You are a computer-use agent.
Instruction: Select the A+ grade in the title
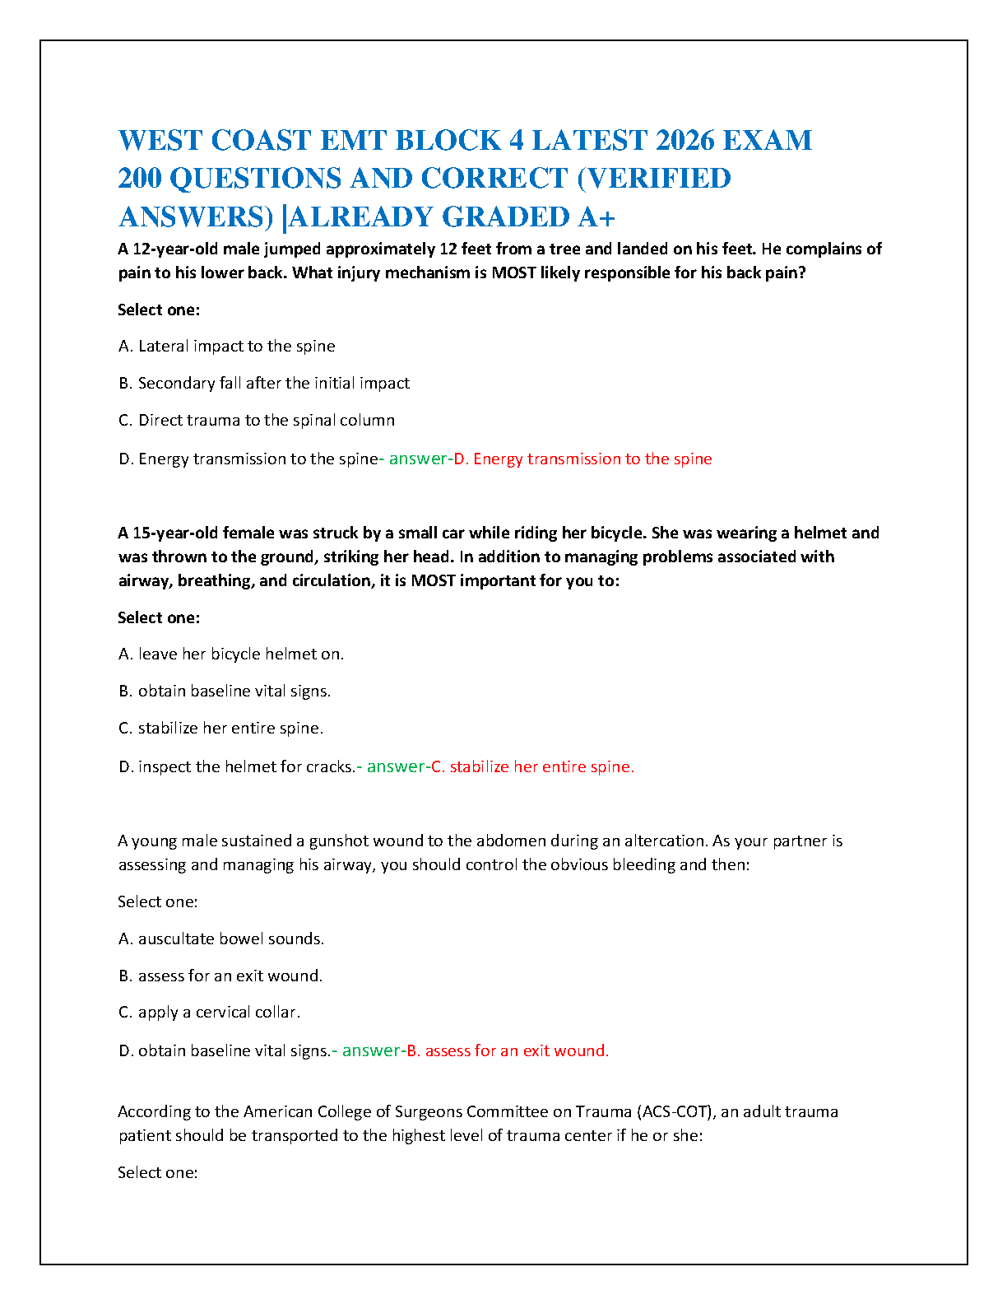596,217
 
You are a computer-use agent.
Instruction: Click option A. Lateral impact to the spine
226,346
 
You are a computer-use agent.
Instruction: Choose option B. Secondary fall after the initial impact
263,383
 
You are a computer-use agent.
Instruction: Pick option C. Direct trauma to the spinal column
256,420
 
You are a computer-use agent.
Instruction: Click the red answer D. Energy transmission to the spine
583,459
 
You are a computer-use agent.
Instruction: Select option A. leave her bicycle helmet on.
230,654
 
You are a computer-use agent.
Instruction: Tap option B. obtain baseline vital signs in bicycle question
224,691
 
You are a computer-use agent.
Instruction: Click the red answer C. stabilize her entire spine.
533,766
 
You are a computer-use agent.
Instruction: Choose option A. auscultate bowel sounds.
220,938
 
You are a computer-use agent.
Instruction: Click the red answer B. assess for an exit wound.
508,1050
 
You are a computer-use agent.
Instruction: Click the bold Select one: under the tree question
159,310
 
